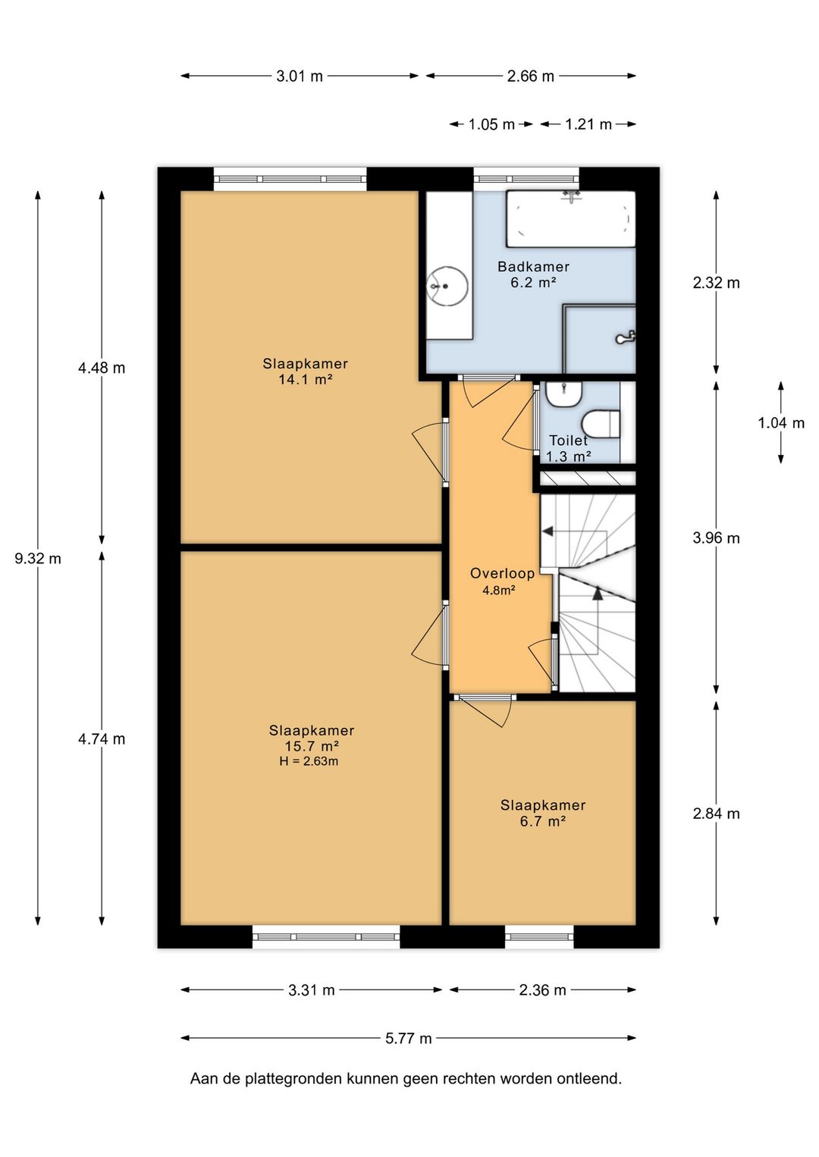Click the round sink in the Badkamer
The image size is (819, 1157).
click(x=447, y=286)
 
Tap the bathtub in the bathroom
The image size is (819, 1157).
click(x=570, y=219)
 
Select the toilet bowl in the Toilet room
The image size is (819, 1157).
click(x=601, y=424)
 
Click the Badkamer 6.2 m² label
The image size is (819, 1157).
click(x=533, y=274)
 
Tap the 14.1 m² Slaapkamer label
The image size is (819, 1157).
click(x=306, y=372)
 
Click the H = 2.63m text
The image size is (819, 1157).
click(x=309, y=760)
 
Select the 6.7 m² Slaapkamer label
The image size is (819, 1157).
click(x=542, y=813)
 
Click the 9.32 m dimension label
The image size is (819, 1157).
click(x=38, y=558)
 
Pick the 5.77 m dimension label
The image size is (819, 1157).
click(x=408, y=1038)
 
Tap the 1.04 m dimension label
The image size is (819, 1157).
click(x=781, y=423)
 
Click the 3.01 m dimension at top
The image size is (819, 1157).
click(x=300, y=77)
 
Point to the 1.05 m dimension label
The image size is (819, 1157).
click(x=491, y=124)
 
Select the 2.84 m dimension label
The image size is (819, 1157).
click(x=716, y=814)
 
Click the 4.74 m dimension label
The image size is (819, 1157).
click(x=102, y=739)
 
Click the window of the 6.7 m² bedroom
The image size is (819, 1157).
click(x=539, y=936)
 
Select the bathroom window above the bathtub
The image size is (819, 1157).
click(x=526, y=179)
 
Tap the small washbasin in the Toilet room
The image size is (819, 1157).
click(x=564, y=394)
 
